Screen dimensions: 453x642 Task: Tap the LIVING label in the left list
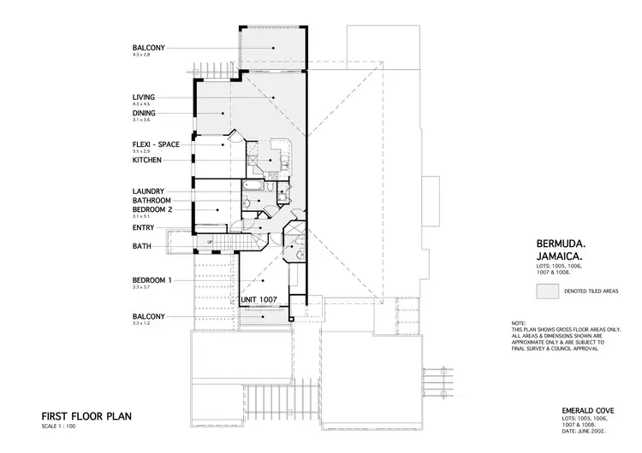coord(144,97)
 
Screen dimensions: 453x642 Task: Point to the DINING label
coord(144,113)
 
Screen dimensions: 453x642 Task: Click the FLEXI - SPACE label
coord(156,144)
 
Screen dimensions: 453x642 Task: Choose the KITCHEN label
coord(147,160)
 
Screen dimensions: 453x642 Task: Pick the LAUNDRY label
coord(148,191)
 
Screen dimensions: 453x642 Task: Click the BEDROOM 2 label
coord(152,209)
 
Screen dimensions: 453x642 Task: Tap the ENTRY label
coord(143,227)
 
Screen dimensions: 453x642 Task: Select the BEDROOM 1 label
coord(152,280)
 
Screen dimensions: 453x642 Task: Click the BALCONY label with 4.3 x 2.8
coord(149,47)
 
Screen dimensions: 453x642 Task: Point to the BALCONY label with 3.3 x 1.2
coord(149,316)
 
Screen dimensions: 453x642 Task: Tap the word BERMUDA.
coord(559,244)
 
